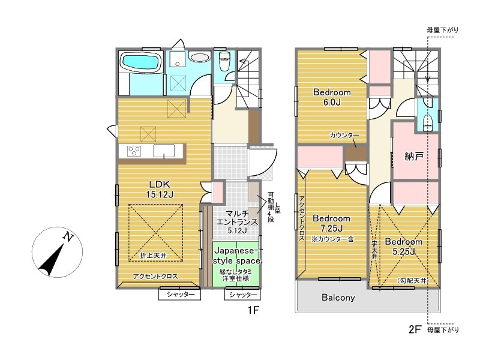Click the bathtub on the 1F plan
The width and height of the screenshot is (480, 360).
[142, 63]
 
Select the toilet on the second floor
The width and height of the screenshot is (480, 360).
[427, 123]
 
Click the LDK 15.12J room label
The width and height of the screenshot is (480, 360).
[160, 189]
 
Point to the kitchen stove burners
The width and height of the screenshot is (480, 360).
[134, 151]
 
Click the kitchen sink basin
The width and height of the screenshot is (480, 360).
[164, 151]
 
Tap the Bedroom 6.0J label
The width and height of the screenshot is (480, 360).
[332, 97]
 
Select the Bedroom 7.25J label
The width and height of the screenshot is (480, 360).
[332, 223]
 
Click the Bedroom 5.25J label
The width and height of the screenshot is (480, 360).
[403, 247]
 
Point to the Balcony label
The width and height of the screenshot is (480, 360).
[338, 298]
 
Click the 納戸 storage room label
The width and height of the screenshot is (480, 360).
[414, 157]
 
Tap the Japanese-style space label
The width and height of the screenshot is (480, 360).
[236, 256]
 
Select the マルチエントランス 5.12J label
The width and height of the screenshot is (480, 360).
[237, 222]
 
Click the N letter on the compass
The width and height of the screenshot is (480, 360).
[68, 236]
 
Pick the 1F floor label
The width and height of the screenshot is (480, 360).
[253, 310]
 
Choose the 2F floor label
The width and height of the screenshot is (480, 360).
[415, 329]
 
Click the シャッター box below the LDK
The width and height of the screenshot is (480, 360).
[179, 294]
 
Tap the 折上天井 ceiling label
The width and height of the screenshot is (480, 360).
[153, 256]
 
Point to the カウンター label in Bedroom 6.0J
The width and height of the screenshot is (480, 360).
[344, 135]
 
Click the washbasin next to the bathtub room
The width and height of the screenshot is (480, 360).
[199, 57]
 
